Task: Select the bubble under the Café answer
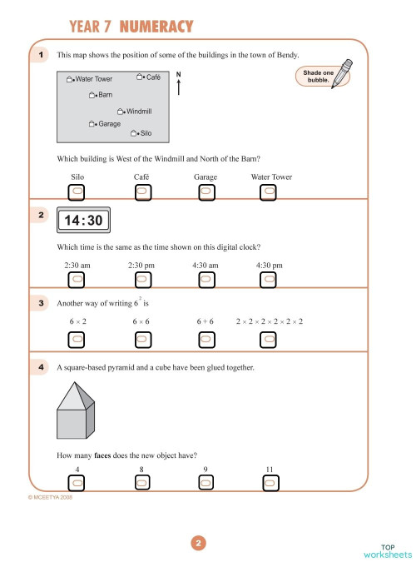pos(141,191)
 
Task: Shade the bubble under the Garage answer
pos(206,191)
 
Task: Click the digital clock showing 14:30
pos(83,221)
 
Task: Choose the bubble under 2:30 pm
pos(141,279)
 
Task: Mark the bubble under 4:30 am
pos(206,279)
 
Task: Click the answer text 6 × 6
pos(141,321)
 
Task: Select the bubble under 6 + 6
pos(206,339)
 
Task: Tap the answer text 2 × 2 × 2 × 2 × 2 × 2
pos(269,321)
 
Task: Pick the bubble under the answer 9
pos(206,482)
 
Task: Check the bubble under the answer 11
pos(269,482)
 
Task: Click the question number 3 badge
pos(41,304)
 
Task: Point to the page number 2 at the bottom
pos(198,544)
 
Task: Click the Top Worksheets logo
pos(387,550)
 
